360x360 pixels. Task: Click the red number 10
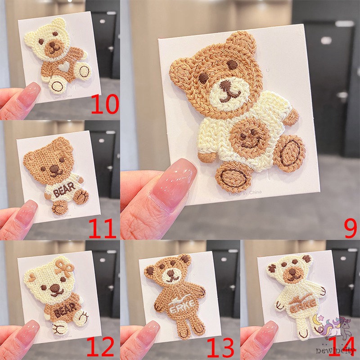[104, 105]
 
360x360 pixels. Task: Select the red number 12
[100, 348]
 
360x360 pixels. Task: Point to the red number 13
[220, 348]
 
